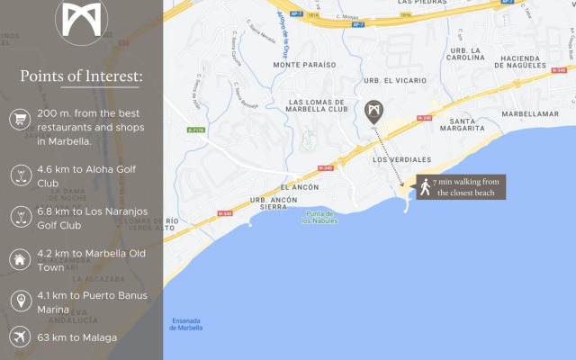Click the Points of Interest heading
(81, 75)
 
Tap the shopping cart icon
(19, 119)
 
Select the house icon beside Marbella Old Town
(19, 260)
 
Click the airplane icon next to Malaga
(19, 337)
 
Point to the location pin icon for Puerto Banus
(19, 301)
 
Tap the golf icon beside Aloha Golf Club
(19, 175)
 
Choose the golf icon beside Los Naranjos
(19, 217)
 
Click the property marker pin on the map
(373, 112)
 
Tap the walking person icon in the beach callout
(424, 187)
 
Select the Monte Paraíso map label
(304, 65)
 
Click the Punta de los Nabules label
(319, 216)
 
